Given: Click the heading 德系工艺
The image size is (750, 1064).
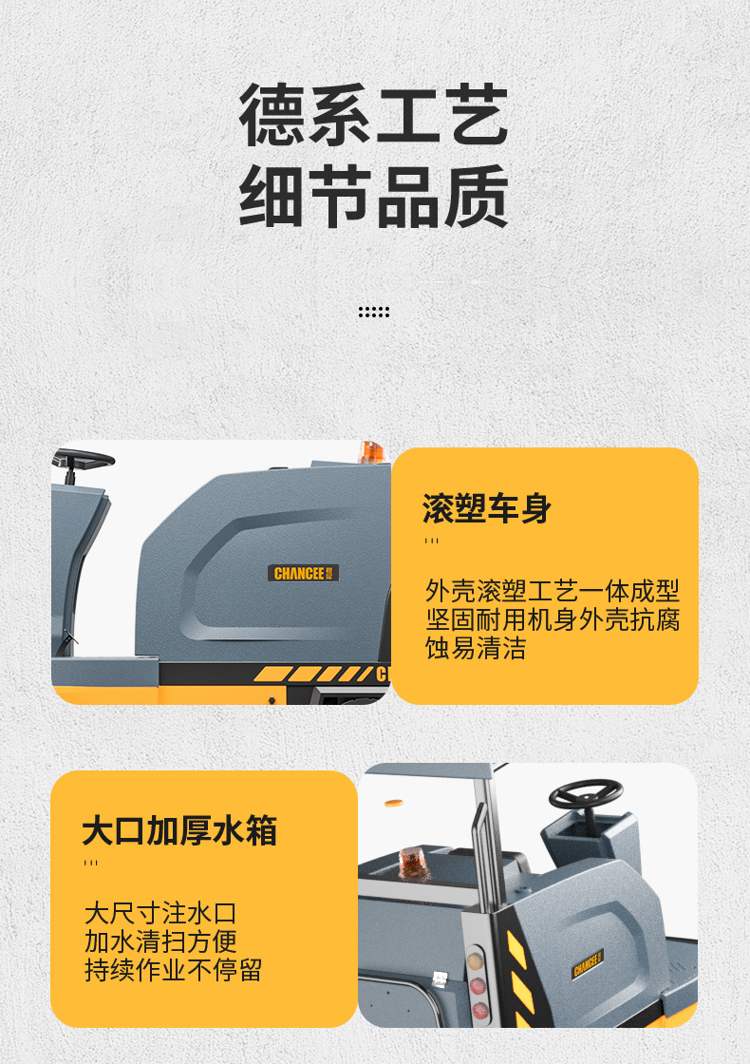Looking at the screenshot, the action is click(374, 115).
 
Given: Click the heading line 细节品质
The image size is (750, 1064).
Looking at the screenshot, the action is click(374, 196).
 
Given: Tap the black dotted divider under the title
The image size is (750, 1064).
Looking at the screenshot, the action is click(374, 312).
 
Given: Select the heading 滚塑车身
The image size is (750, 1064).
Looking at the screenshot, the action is click(487, 508).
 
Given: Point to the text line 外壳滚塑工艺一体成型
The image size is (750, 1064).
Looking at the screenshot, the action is click(552, 591).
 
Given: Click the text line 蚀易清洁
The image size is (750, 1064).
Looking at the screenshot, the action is click(476, 648).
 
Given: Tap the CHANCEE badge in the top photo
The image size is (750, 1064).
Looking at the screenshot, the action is click(303, 573).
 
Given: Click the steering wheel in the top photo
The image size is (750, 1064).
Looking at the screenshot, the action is click(83, 460).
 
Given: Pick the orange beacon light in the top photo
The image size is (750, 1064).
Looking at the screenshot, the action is click(371, 452).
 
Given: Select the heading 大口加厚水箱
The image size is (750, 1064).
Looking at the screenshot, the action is click(179, 830).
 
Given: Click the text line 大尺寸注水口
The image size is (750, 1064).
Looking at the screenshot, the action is click(160, 913).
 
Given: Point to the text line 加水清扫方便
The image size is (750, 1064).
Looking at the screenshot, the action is click(160, 941).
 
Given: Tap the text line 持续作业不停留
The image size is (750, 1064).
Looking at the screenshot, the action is click(174, 970).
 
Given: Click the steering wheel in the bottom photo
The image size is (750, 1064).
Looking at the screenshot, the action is click(586, 793).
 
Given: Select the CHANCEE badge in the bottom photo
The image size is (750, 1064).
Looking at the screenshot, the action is click(588, 963).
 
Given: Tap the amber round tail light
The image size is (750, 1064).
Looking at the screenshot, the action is click(476, 960).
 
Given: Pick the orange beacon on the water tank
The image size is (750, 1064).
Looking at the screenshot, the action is click(414, 863).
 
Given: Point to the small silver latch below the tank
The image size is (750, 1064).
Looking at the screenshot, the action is click(440, 978).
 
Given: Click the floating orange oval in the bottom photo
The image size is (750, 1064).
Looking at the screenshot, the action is click(394, 804).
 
